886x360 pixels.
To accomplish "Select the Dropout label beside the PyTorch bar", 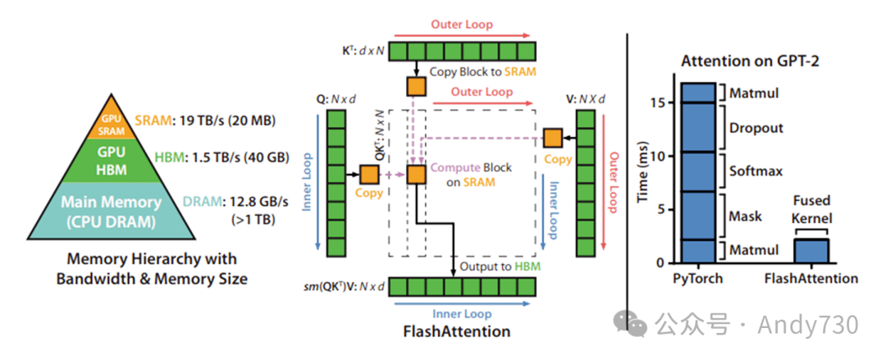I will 755,128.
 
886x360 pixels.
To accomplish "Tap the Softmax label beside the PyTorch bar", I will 755,171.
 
